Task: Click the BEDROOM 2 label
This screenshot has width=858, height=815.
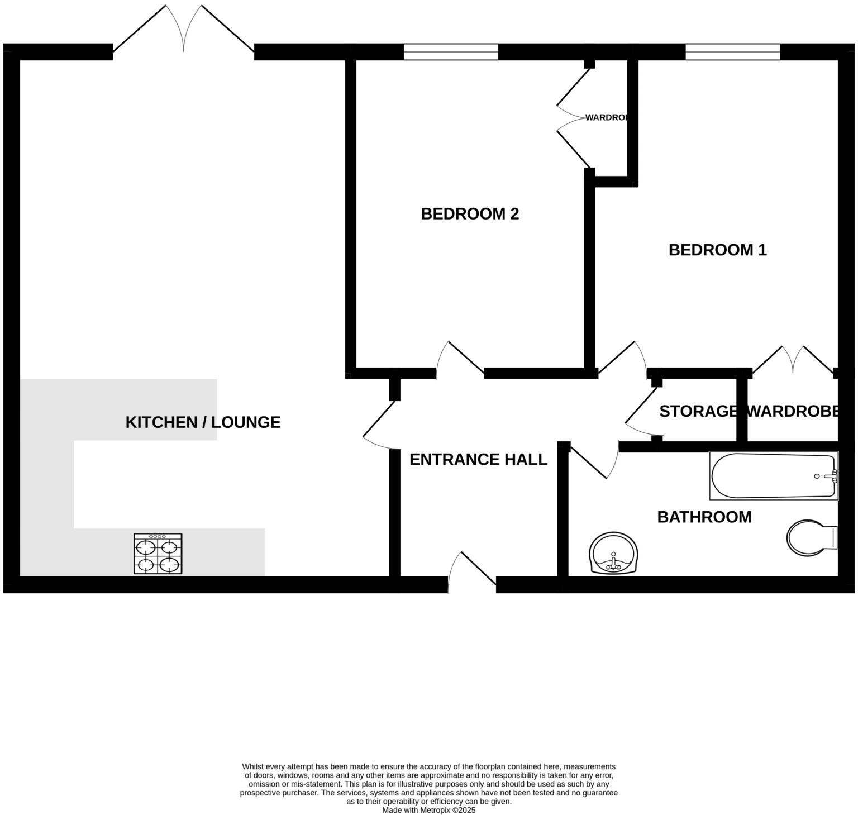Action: (x=470, y=214)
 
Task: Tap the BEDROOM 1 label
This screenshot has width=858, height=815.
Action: (x=717, y=250)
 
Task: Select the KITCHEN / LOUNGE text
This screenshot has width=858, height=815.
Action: (x=203, y=422)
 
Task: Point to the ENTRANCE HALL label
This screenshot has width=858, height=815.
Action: (x=478, y=459)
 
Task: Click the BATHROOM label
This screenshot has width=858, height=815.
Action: (x=704, y=517)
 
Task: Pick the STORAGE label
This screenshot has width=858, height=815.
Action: (x=698, y=411)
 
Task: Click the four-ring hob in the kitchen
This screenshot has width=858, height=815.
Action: (x=158, y=554)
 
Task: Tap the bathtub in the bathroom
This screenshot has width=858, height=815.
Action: (x=774, y=476)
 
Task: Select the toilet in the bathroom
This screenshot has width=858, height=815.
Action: (x=811, y=538)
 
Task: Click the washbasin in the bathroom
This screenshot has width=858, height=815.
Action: (x=613, y=553)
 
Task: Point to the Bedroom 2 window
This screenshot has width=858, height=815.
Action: (x=451, y=52)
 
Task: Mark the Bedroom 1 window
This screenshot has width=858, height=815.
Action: (x=732, y=52)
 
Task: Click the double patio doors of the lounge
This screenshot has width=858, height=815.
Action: (x=184, y=31)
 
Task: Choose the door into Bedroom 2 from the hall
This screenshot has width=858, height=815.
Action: (x=460, y=359)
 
